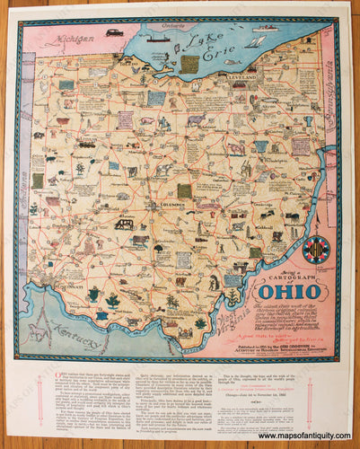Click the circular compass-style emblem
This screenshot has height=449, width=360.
[x=315, y=249]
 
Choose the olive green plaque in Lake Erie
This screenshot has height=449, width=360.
[x=189, y=64]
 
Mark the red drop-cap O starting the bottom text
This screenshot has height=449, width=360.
[x=34, y=374]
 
